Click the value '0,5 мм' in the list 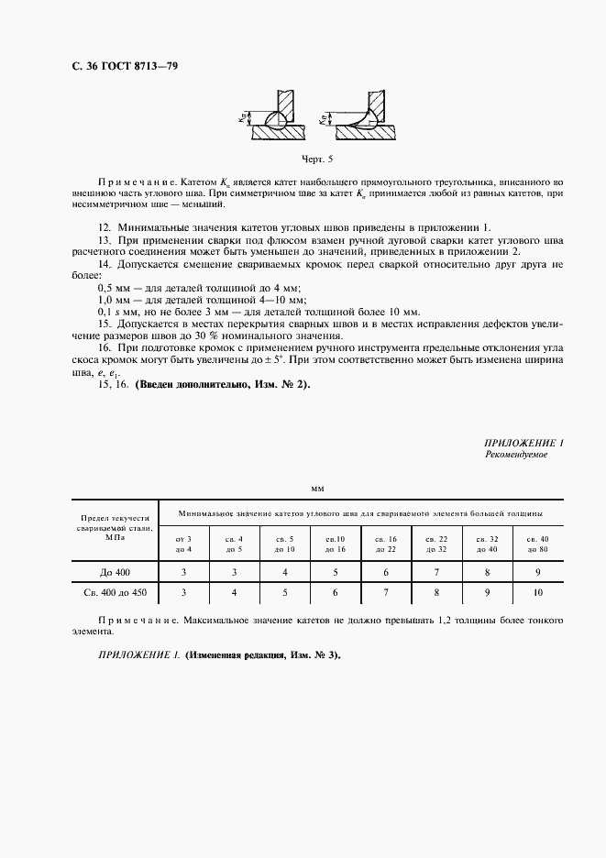113,289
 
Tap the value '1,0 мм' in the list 113,301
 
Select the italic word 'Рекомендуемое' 515,455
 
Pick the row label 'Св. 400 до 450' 115,594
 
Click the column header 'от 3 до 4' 183,544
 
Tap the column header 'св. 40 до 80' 536,544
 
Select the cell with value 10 536,594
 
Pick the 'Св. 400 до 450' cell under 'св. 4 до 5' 234,594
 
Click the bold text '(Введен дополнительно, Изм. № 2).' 223,384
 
